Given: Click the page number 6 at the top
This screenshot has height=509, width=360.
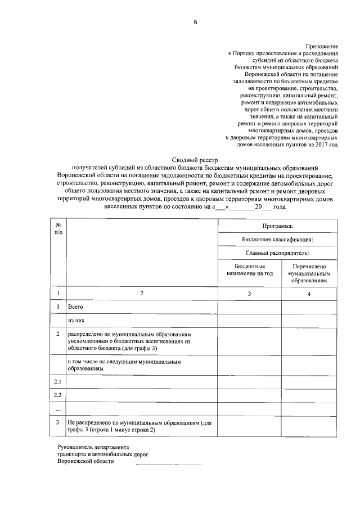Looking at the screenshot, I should (195, 22).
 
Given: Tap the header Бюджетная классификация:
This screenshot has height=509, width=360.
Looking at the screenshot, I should (278, 239).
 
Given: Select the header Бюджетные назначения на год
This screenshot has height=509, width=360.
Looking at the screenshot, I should (250, 269).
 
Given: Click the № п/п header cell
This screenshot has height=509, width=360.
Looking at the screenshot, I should (58, 228).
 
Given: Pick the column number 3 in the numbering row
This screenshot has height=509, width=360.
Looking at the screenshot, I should (250, 294).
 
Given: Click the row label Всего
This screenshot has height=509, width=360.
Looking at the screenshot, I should (75, 308).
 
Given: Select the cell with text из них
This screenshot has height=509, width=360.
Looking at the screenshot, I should (76, 322).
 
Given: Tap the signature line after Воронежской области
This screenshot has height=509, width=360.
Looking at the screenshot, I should (169, 463).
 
